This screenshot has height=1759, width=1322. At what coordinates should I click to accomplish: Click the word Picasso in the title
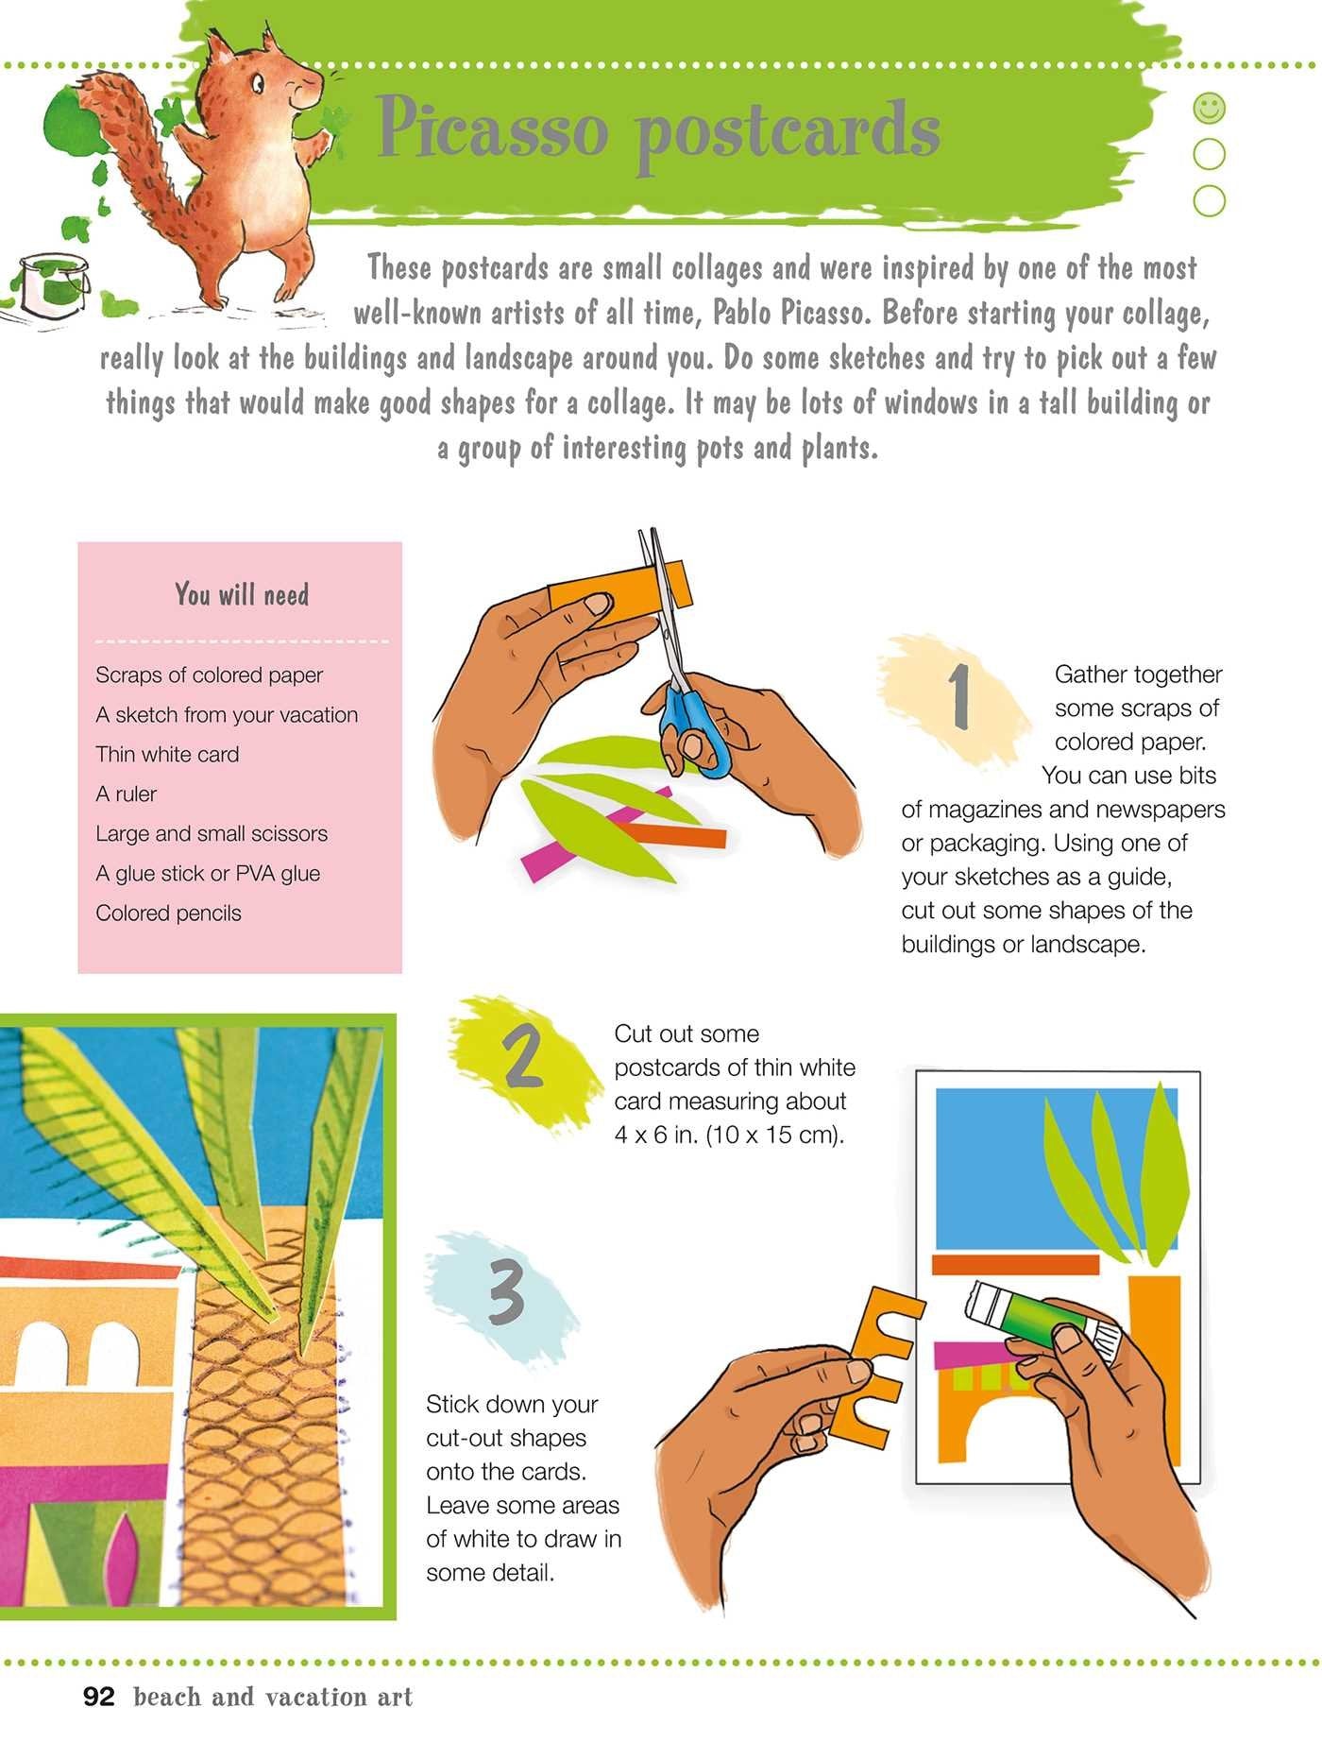[492, 129]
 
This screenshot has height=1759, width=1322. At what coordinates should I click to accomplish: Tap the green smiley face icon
[1210, 108]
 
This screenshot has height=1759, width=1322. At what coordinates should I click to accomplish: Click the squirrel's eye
[257, 84]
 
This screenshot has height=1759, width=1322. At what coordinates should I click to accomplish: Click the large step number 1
[960, 696]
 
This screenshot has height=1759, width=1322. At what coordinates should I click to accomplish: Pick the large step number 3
[505, 1293]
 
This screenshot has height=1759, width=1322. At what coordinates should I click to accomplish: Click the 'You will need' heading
[242, 594]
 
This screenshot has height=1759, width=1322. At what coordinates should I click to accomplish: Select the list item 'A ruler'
[126, 794]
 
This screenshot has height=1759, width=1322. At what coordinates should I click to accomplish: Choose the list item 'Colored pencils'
[168, 914]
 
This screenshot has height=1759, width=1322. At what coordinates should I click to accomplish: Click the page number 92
[99, 1697]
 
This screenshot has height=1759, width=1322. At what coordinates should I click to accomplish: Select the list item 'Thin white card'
[167, 754]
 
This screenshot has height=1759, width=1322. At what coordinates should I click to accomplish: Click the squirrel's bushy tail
[132, 161]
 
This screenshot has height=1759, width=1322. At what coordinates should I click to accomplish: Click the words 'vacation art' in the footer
[339, 1697]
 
